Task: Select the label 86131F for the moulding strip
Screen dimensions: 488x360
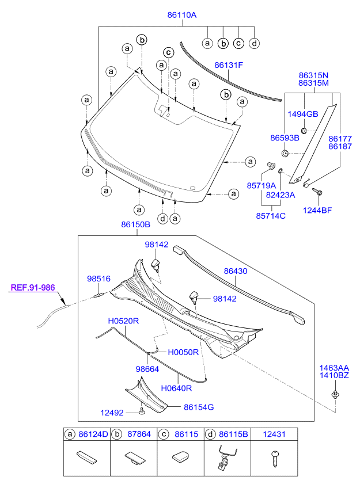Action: [229, 65]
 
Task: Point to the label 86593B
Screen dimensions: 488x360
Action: [285, 138]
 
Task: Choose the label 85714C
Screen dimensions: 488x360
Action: [267, 216]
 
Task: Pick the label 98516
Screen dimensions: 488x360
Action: [98, 279]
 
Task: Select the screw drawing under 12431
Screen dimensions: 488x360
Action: [274, 458]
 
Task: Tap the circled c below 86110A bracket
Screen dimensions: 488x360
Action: [238, 43]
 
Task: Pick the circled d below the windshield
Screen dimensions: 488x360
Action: [164, 218]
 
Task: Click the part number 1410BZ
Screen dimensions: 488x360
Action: [335, 375]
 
